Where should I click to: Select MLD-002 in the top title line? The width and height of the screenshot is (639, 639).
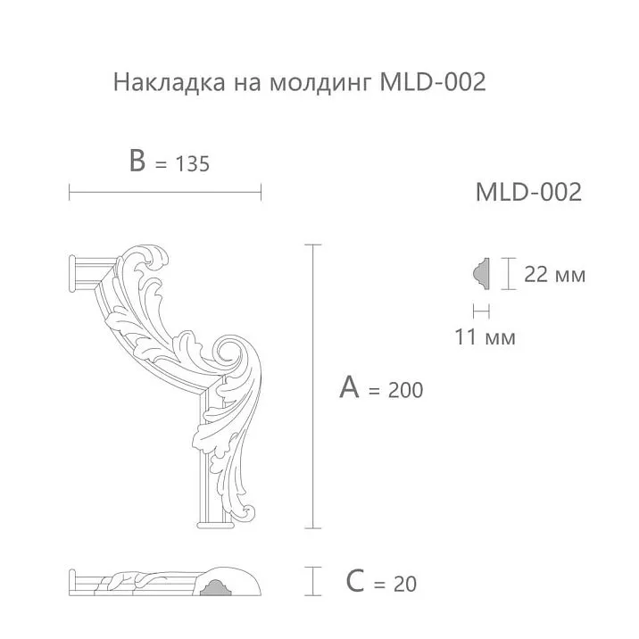tap(433, 82)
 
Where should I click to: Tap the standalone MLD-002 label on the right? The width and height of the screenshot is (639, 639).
tap(528, 192)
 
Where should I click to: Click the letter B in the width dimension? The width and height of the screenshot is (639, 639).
tap(137, 162)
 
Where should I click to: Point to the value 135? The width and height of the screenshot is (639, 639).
tap(192, 164)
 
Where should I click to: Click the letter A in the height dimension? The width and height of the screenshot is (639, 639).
tap(351, 387)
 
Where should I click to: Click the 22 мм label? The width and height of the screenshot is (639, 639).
tap(554, 275)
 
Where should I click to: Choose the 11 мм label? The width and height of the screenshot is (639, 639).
tap(485, 338)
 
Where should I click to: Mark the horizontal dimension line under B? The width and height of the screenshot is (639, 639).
tap(165, 190)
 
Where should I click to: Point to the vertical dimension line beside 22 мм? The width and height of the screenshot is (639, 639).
tap(507, 274)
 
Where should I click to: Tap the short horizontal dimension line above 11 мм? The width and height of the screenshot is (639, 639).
tap(481, 311)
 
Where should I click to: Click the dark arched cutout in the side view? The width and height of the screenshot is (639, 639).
tap(215, 588)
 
